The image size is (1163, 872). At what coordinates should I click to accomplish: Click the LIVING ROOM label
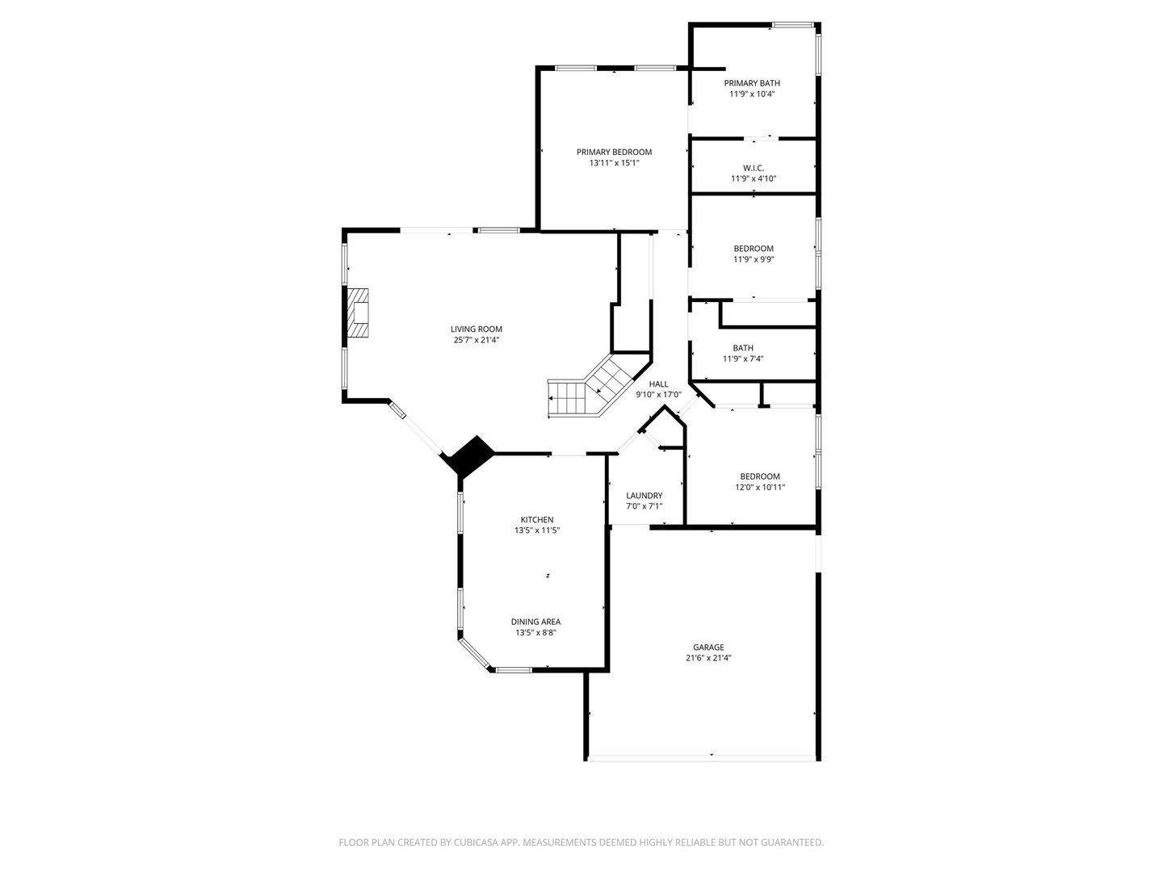(x=476, y=329)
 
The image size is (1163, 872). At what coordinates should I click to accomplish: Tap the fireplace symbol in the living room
(x=358, y=312)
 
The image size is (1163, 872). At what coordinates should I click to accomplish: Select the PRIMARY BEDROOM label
(x=614, y=152)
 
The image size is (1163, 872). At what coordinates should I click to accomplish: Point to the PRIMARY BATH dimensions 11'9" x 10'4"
(x=752, y=94)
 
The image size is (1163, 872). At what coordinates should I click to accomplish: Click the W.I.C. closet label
(x=754, y=168)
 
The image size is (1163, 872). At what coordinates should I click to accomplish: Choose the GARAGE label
(x=708, y=647)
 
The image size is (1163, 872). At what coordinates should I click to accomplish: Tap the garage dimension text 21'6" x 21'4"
(x=708, y=657)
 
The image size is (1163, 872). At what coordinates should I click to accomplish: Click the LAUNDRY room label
(x=644, y=496)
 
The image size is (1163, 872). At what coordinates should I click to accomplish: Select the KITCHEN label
(x=537, y=520)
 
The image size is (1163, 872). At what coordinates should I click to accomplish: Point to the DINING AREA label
(x=535, y=622)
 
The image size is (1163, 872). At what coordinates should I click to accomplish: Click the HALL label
(x=658, y=384)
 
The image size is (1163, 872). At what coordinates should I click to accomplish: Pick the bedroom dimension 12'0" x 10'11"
(x=760, y=487)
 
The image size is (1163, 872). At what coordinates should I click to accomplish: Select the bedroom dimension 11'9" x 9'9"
(x=754, y=259)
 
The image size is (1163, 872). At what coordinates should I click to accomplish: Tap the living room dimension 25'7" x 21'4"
(x=476, y=340)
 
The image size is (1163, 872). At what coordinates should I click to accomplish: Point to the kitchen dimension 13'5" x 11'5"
(x=537, y=530)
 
